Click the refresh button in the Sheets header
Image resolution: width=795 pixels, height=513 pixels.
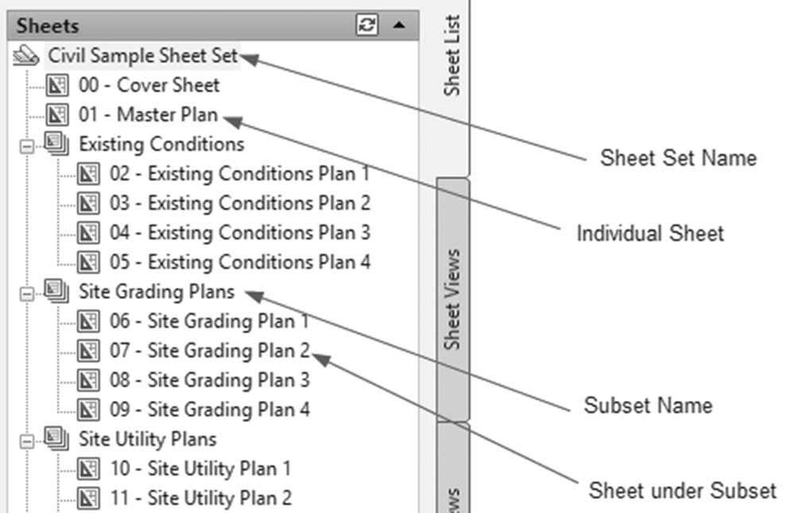[366, 25]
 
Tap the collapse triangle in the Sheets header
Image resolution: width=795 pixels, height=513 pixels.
[399, 25]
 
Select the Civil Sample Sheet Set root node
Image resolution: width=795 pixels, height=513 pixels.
[142, 56]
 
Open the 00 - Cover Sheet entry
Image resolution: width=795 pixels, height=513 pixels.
[149, 85]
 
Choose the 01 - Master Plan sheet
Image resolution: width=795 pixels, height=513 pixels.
[148, 115]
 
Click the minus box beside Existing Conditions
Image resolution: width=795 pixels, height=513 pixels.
[27, 146]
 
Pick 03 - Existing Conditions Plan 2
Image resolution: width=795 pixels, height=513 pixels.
[240, 203]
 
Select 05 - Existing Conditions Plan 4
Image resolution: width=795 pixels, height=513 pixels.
[240, 262]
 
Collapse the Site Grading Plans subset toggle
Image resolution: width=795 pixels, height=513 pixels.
[27, 293]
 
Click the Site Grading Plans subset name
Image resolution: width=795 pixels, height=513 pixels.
[157, 292]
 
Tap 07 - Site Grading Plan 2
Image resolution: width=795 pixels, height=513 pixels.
[209, 351]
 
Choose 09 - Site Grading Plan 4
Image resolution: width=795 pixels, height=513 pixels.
[209, 410]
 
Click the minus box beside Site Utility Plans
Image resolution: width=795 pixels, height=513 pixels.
[27, 441]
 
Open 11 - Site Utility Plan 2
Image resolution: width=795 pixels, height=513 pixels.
[201, 498]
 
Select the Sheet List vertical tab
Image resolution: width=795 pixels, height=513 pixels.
[452, 56]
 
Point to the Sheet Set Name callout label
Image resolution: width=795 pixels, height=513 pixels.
[678, 157]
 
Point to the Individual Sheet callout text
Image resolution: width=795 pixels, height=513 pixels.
[650, 233]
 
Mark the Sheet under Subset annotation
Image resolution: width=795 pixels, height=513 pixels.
[682, 491]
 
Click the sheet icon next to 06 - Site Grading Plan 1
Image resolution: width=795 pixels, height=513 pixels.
[88, 321]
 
